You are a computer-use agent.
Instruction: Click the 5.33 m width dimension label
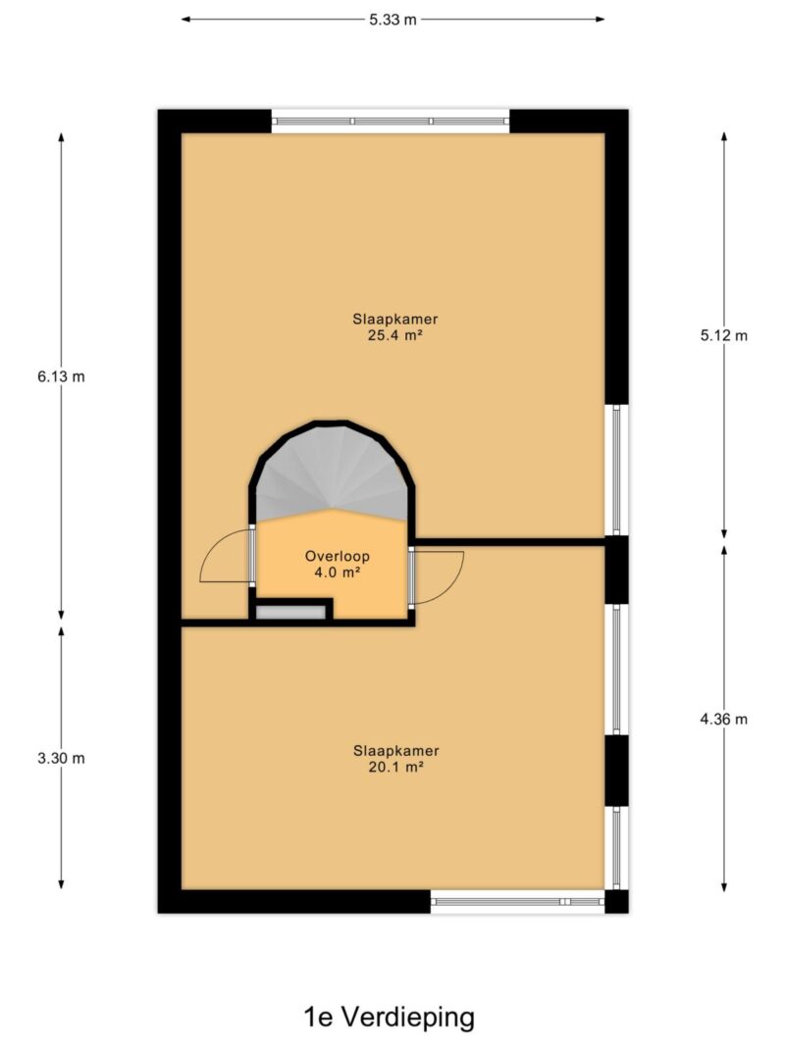click(392, 20)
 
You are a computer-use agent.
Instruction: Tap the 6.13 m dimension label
click(62, 376)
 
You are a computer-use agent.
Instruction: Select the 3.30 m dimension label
click(62, 758)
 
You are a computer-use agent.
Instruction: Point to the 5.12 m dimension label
click(723, 335)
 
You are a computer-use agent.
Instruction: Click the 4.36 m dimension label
click(723, 720)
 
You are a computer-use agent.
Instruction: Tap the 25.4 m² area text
click(395, 335)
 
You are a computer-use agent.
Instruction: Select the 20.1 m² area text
click(395, 767)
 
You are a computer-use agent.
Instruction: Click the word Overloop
click(338, 556)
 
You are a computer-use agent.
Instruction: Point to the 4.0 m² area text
click(338, 572)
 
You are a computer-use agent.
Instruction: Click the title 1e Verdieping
click(390, 1018)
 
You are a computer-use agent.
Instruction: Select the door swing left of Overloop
click(226, 557)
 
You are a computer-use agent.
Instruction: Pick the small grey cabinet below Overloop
click(290, 613)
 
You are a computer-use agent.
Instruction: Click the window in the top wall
click(390, 122)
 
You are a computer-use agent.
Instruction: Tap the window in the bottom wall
click(517, 901)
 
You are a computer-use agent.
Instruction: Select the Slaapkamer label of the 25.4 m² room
click(395, 319)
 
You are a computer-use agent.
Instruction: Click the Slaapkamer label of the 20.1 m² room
click(395, 751)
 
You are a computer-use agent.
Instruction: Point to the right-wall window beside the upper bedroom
click(617, 470)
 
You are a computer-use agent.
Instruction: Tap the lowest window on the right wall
click(617, 848)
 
